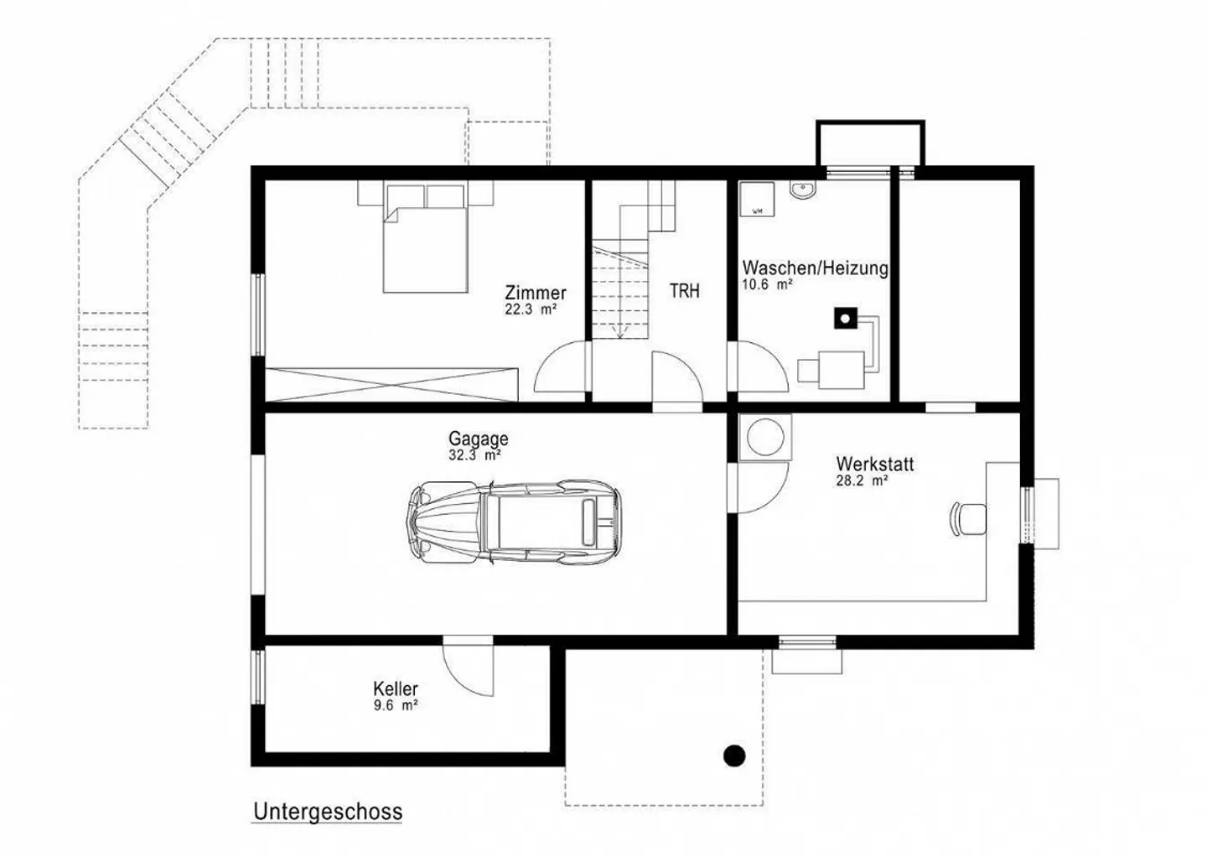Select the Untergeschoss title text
click(328, 812)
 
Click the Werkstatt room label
click(874, 464)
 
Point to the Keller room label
click(396, 688)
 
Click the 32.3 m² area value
click(474, 456)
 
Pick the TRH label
click(684, 291)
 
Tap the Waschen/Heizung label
click(815, 268)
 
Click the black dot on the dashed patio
click(734, 756)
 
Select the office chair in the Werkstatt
click(969, 517)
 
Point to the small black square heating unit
click(846, 319)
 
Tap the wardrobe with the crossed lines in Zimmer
click(391, 384)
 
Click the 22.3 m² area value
click(531, 309)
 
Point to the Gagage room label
click(478, 439)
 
